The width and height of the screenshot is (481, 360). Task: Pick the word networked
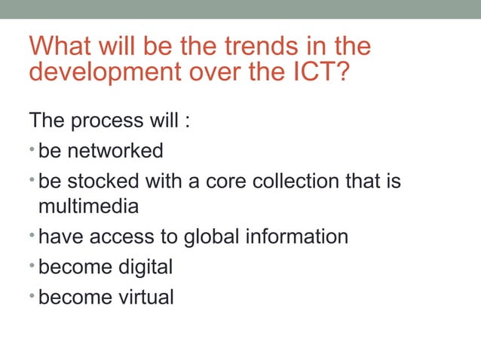pyautogui.click(x=115, y=151)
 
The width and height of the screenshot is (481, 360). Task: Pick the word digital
pyautogui.click(x=143, y=267)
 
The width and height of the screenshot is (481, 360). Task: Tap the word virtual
pyautogui.click(x=144, y=297)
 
